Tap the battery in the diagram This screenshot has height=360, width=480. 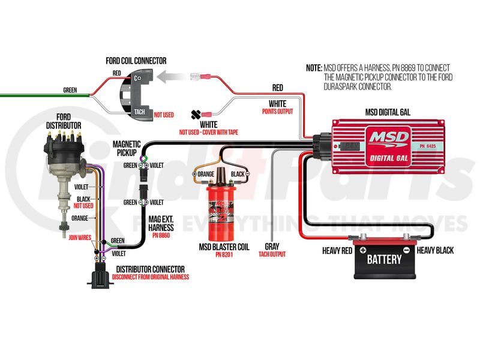pyautogui.click(x=385, y=259)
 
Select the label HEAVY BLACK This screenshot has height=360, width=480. pyautogui.click(x=436, y=250)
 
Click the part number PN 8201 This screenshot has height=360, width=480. pyautogui.click(x=224, y=254)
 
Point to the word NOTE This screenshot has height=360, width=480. pyautogui.click(x=313, y=68)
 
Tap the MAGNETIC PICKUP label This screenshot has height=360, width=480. pyautogui.click(x=127, y=149)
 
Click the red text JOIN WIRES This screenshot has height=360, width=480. pyautogui.click(x=80, y=237)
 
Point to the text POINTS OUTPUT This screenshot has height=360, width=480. pyautogui.click(x=277, y=111)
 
